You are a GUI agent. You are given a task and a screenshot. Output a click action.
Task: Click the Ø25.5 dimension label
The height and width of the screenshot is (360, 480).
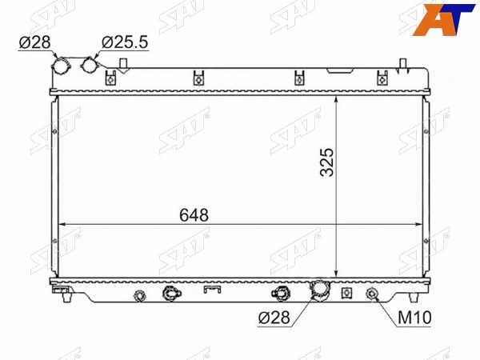[x=125, y=42]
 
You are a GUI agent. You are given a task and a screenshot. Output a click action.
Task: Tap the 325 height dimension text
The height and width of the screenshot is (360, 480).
[x=326, y=162]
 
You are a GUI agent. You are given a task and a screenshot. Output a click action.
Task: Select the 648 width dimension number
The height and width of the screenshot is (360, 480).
[x=194, y=215]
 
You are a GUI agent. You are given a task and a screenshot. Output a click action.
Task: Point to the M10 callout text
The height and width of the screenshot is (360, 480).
[x=414, y=318]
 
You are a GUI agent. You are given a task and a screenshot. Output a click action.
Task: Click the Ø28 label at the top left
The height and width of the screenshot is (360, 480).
[x=34, y=42]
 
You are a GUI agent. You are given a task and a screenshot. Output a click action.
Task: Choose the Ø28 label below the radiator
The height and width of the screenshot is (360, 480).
[x=274, y=318]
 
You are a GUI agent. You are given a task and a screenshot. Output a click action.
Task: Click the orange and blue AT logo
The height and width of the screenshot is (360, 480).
[x=443, y=19]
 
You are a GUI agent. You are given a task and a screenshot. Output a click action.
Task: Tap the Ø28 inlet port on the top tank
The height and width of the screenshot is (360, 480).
[x=61, y=66]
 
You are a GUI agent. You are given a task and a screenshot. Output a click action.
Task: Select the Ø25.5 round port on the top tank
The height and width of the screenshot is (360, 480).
[x=89, y=65]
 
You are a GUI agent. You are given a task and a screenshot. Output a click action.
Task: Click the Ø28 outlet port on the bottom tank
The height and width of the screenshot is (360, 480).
[x=320, y=289]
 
